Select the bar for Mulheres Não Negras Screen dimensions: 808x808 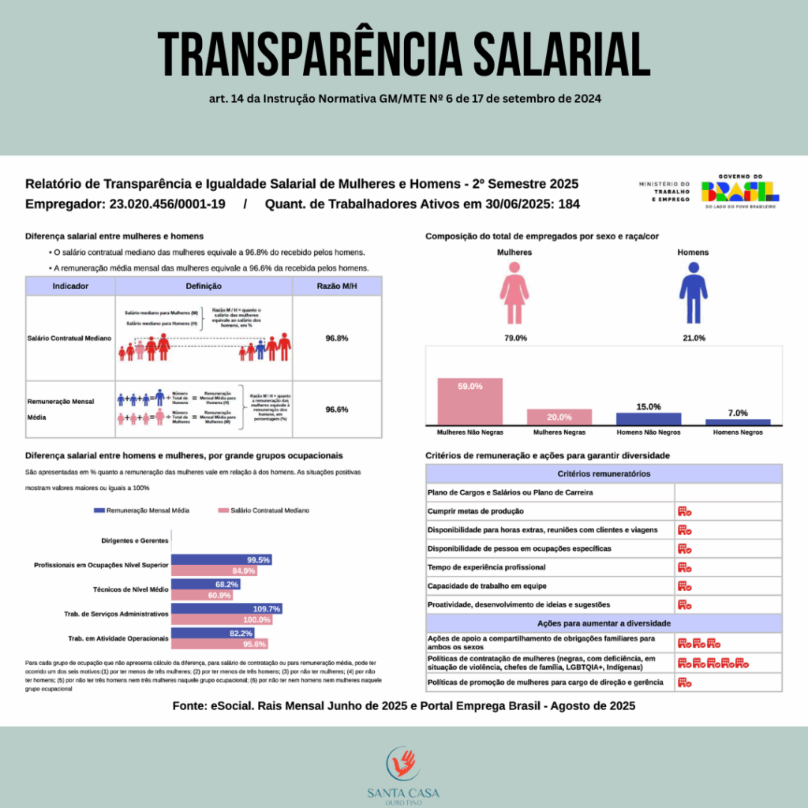(x=470, y=401)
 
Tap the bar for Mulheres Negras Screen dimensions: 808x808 (x=559, y=417)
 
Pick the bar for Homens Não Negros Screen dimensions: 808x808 (x=648, y=419)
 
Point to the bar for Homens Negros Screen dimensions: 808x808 (x=738, y=422)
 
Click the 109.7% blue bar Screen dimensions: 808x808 (x=226, y=608)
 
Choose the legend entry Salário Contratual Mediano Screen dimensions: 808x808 (x=266, y=511)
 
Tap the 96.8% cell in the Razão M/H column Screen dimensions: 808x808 (x=337, y=338)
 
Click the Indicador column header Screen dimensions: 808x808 (x=70, y=286)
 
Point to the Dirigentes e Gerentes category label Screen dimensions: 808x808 (x=135, y=541)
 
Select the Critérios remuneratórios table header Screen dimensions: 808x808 (x=604, y=473)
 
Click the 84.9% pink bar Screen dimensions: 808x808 (x=214, y=570)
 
